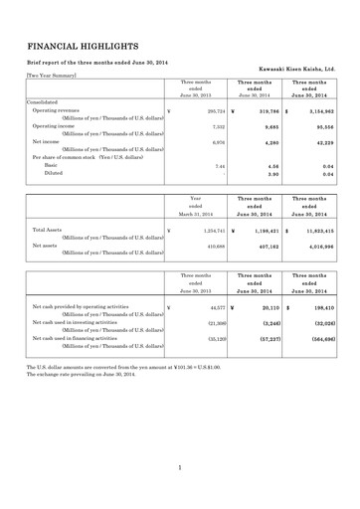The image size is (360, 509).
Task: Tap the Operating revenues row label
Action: (56, 110)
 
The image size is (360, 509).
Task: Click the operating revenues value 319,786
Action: (259, 111)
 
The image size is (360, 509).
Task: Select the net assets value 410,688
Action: (200, 246)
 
